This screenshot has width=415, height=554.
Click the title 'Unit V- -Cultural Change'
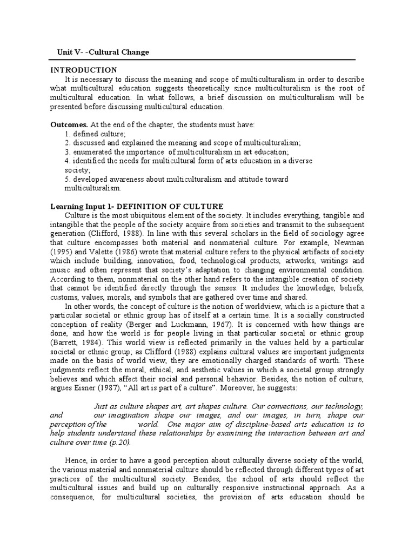coord(103,52)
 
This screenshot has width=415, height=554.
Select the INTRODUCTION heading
coord(83,70)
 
